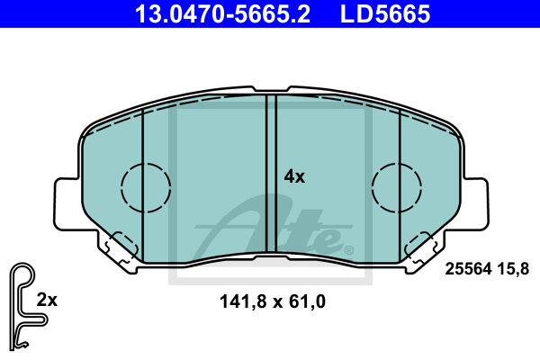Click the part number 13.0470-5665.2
click(x=222, y=13)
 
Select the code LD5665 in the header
click(x=385, y=13)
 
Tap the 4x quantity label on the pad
click(x=294, y=176)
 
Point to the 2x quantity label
click(x=47, y=300)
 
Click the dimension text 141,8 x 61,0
click(x=273, y=301)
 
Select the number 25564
click(x=468, y=269)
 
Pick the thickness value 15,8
click(x=513, y=269)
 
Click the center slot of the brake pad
click(x=272, y=174)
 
